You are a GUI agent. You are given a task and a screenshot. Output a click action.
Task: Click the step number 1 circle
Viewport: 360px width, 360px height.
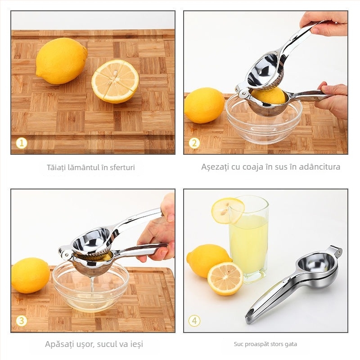[22, 143]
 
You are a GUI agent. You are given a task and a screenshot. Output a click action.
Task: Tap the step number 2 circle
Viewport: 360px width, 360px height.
[194, 143]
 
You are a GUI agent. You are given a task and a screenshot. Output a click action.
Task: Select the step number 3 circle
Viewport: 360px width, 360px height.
[22, 320]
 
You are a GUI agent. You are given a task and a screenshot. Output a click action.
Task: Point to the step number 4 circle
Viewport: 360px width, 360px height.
[194, 320]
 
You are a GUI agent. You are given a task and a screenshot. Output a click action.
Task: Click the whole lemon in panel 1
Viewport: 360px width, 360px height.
[61, 61]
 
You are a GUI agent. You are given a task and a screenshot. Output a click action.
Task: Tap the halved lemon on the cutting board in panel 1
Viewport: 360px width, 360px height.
[115, 81]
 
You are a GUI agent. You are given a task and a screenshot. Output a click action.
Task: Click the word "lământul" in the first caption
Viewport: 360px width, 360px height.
[83, 167]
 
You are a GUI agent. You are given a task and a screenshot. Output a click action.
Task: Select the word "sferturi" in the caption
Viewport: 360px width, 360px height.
[122, 167]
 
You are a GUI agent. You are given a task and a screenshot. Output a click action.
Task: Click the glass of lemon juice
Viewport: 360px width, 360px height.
[249, 239]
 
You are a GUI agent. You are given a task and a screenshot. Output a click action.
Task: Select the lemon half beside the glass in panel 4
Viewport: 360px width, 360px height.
[225, 279]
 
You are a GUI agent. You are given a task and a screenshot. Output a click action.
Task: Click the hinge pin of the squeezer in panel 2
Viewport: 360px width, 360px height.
[243, 93]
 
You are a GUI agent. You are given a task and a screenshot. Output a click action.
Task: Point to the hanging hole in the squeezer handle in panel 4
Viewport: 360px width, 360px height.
[250, 313]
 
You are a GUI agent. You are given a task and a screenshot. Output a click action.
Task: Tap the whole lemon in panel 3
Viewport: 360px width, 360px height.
[30, 275]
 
